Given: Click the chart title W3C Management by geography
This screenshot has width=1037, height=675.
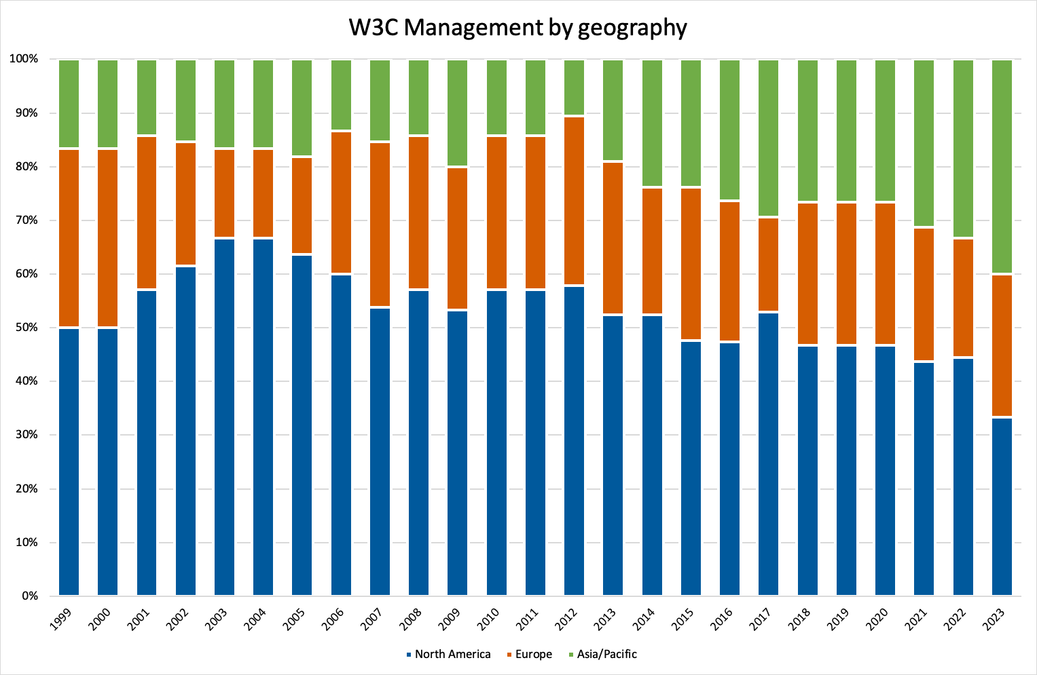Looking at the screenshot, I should [x=517, y=28].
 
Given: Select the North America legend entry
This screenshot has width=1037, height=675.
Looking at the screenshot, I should [x=452, y=654].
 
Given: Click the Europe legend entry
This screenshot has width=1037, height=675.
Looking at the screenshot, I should [x=533, y=654].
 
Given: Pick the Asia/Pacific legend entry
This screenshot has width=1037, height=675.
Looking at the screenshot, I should [x=606, y=654].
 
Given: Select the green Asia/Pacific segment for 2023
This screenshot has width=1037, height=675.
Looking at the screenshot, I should [x=1002, y=166].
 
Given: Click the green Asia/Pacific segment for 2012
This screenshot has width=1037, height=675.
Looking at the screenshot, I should [x=575, y=88].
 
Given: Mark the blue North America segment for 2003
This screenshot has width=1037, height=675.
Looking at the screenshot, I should [x=225, y=417].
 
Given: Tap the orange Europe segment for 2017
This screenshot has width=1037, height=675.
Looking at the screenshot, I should [x=769, y=265].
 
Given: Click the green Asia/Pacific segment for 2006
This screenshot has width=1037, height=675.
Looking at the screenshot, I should [x=341, y=94].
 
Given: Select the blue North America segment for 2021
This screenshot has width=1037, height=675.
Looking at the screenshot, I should [x=924, y=479].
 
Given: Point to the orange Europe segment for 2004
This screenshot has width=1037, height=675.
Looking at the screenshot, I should [x=263, y=193].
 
